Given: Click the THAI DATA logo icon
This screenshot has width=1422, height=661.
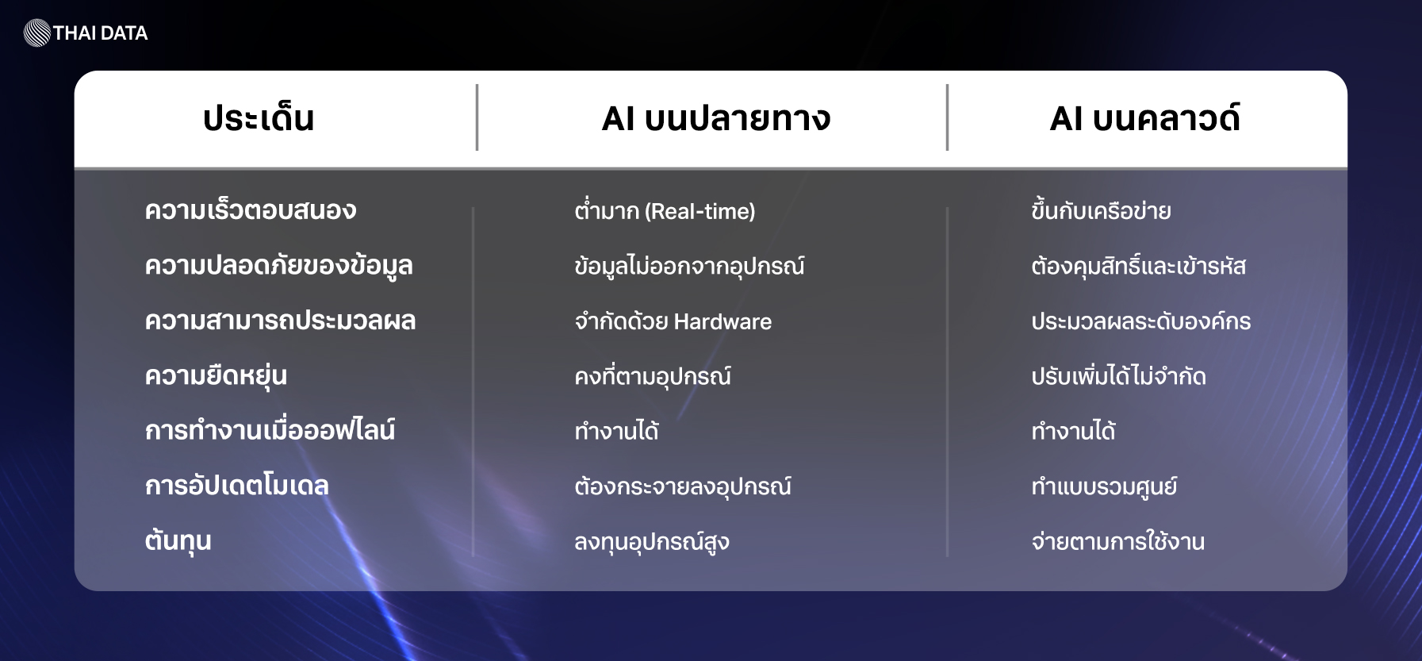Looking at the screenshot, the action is click(37, 33).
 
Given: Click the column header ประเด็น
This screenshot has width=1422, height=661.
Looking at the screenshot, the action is click(259, 118).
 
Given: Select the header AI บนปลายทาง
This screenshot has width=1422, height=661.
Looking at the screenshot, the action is click(716, 118).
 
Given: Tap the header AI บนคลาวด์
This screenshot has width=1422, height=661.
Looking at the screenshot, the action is click(1144, 117).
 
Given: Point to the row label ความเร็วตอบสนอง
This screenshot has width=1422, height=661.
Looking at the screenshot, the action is click(251, 210).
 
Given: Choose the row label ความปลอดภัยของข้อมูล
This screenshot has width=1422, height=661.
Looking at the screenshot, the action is click(279, 264).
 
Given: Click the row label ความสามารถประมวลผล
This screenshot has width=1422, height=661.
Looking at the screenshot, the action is click(281, 321).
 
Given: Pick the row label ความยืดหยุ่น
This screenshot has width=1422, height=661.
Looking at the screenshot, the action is click(216, 375).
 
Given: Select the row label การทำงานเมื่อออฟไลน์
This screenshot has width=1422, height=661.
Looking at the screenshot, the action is click(270, 429).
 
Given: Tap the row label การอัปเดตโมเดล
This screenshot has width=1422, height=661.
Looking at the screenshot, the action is click(237, 485).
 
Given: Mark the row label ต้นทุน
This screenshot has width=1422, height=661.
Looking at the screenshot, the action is click(178, 540).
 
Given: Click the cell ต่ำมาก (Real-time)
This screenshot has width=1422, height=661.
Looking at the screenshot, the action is click(665, 209).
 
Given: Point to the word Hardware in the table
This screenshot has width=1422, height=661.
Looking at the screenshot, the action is click(722, 321).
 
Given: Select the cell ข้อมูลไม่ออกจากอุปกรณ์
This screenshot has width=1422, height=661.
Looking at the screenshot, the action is click(689, 265).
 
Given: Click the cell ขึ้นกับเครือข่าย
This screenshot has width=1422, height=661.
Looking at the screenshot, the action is click(1101, 209).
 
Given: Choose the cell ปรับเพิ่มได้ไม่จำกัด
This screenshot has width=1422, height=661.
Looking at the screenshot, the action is click(1118, 375).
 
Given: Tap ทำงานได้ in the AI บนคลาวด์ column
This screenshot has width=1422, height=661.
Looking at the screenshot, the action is click(1073, 430).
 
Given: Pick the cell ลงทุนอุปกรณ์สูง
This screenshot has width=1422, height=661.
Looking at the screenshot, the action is click(652, 541).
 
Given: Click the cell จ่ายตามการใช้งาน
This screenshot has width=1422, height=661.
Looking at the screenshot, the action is click(1118, 540).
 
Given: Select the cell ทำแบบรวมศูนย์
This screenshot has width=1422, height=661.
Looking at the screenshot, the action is click(1104, 486).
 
